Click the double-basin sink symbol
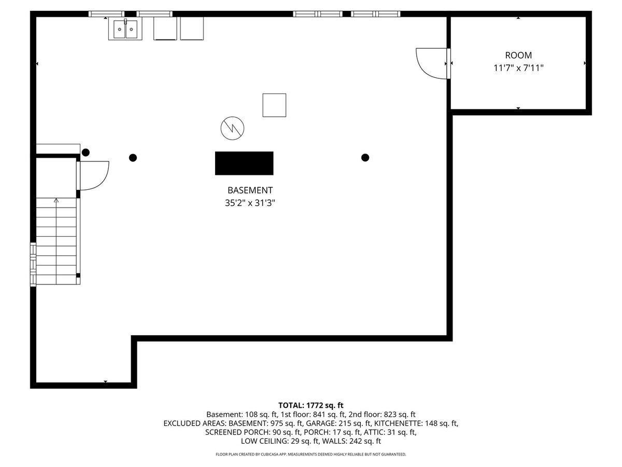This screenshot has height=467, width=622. pos(125,29)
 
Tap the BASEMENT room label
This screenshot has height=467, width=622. pos(250,190)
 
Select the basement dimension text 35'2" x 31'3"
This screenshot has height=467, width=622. pos(250,203)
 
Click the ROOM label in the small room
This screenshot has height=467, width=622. pos(518,55)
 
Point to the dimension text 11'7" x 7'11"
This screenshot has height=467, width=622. pos(518,68)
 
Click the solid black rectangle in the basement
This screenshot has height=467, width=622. pos(244,163)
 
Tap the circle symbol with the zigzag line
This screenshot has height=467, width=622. pos(232,128)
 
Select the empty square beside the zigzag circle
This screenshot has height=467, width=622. pos(274,105)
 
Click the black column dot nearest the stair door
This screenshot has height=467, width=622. pos(86,153)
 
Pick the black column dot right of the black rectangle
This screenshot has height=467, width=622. pos(365,157)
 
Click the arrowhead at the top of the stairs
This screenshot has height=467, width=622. pos(56,200)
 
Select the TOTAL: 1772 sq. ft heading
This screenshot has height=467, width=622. pos(311,405)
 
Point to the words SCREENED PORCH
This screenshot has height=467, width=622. pos(237,432)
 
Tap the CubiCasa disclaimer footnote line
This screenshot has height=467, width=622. pos(311,454)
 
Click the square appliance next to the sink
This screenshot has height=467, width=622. pos(165,29)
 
